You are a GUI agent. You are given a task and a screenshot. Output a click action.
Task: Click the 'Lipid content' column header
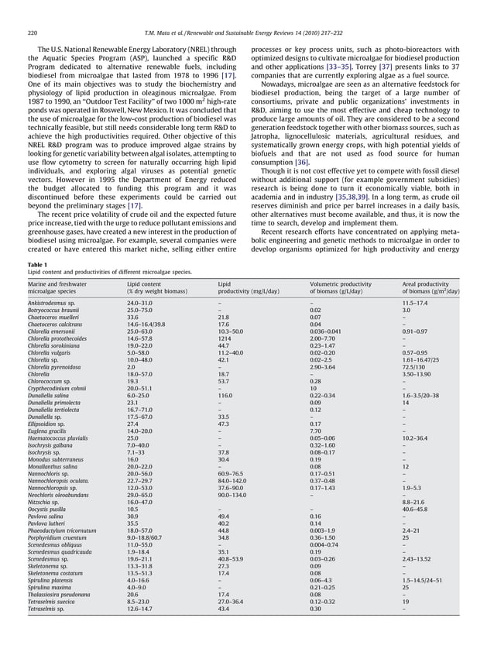click(x=146, y=284)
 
